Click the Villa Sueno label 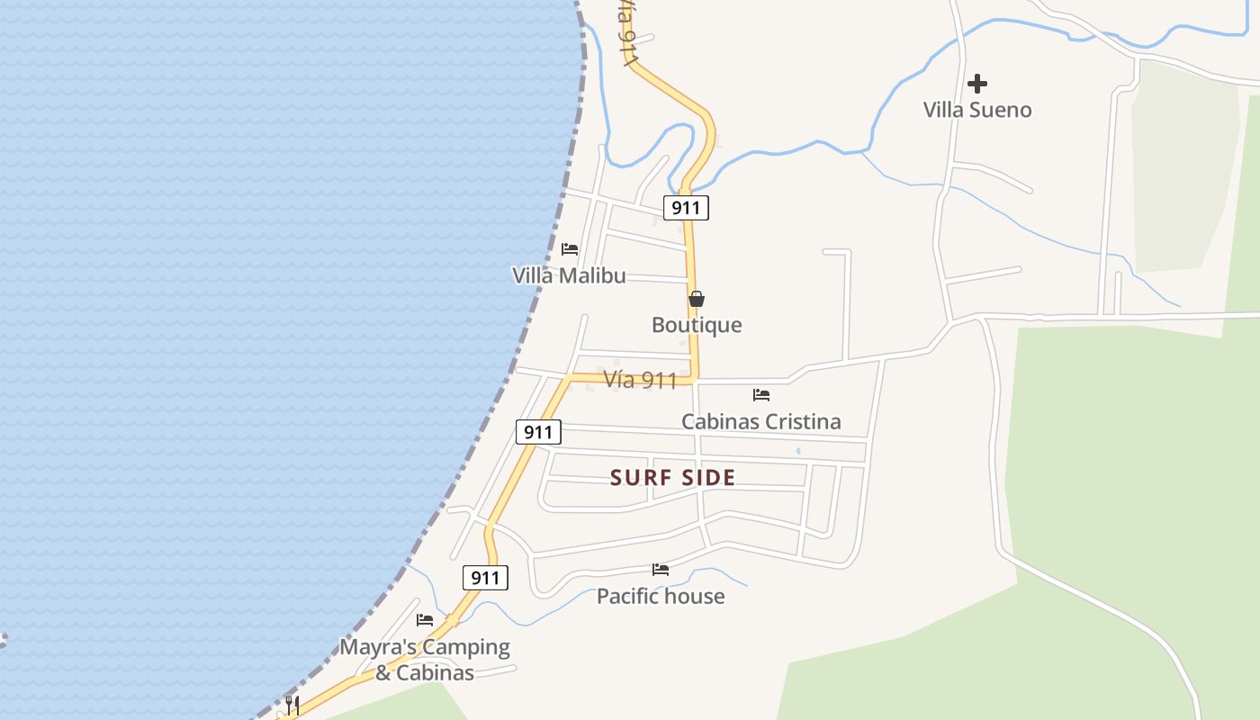pos(977,110)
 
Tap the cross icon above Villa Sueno pos(977,84)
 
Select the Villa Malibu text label pos(569,275)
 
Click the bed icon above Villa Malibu pos(570,249)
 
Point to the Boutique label pos(697,325)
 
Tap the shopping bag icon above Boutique pos(697,299)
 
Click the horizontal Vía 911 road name pos(640,380)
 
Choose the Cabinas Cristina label pos(761,421)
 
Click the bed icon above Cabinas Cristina pos(761,394)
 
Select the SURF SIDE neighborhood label pos(673,478)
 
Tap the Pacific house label pos(661,596)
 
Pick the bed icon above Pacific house pos(661,570)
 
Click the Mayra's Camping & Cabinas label pos(425,660)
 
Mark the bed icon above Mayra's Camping pos(425,620)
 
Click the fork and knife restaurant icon pos(292,704)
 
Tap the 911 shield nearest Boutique pos(686,208)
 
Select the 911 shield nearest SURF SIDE pos(538,432)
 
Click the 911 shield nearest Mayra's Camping pos(485,578)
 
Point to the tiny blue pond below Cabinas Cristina pos(798,451)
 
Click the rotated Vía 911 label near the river pos(628,31)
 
